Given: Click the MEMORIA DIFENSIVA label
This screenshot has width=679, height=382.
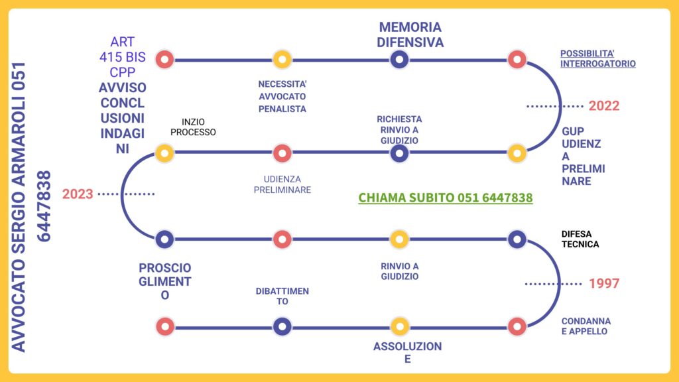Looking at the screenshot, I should point(410,34).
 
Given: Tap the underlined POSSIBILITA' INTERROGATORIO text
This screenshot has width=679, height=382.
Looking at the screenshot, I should point(597,58).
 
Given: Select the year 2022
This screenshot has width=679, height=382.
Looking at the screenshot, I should point(603,105).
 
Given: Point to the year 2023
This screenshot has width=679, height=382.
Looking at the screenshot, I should point(78,194).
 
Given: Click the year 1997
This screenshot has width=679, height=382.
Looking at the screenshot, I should point(603,284).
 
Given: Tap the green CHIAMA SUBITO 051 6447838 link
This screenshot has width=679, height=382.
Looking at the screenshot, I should point(445,198).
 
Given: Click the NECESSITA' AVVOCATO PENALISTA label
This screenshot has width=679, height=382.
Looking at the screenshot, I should point(282,96).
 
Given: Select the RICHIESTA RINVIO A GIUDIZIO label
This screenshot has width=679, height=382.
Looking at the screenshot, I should point(399,129).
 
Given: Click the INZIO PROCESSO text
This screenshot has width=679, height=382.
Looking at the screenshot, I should point(193,127).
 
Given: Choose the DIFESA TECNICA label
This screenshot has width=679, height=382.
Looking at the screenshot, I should point(580,239).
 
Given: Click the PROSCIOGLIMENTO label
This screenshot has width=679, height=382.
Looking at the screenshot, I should point(165,282).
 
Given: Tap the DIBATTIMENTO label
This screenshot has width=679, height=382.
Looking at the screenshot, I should point(282,296).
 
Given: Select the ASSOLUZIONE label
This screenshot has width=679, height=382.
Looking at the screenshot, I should point(407,353).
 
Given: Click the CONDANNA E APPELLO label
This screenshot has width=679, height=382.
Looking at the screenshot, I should point(586,326).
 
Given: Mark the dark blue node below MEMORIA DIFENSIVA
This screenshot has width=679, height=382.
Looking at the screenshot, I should point(399,60).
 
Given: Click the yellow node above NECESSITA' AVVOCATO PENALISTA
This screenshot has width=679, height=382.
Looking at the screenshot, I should point(282,60).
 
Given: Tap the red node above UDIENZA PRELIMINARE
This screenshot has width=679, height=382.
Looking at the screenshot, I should point(282,153).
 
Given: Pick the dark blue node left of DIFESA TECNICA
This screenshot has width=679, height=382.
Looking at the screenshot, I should point(517,239).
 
